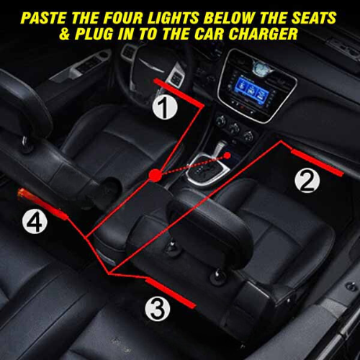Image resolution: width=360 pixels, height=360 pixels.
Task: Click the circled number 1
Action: [165, 107]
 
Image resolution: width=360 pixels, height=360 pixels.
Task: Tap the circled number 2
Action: [307, 181]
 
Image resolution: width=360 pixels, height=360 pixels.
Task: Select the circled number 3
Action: [158, 309]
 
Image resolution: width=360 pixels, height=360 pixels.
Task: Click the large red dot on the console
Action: [155, 176]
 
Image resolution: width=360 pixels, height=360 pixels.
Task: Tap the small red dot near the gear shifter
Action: [227, 156]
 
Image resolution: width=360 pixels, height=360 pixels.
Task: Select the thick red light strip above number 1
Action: [179, 93]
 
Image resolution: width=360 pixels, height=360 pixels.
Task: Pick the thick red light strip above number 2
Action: [317, 163]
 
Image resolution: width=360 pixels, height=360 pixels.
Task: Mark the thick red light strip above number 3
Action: [171, 293]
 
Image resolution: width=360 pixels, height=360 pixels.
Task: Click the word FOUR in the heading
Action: [125, 18]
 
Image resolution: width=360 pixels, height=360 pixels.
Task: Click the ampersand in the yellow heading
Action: [65, 34]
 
